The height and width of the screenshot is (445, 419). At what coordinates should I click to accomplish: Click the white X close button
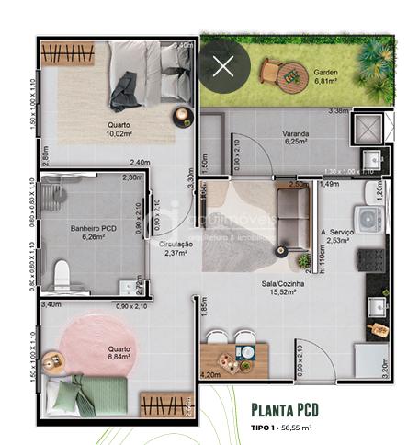223,65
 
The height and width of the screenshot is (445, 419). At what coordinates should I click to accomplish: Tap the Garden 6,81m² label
327,76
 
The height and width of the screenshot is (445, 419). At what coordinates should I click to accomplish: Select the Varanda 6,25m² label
296,138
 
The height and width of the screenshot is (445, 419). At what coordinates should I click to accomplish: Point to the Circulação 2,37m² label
176,249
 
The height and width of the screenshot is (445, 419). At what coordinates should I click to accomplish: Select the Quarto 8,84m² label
119,354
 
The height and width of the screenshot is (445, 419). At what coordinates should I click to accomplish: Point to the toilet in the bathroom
62,273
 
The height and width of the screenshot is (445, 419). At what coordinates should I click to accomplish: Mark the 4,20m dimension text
210,374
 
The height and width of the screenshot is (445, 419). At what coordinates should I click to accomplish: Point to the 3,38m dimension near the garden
338,111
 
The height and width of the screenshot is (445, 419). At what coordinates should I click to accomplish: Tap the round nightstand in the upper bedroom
183,117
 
